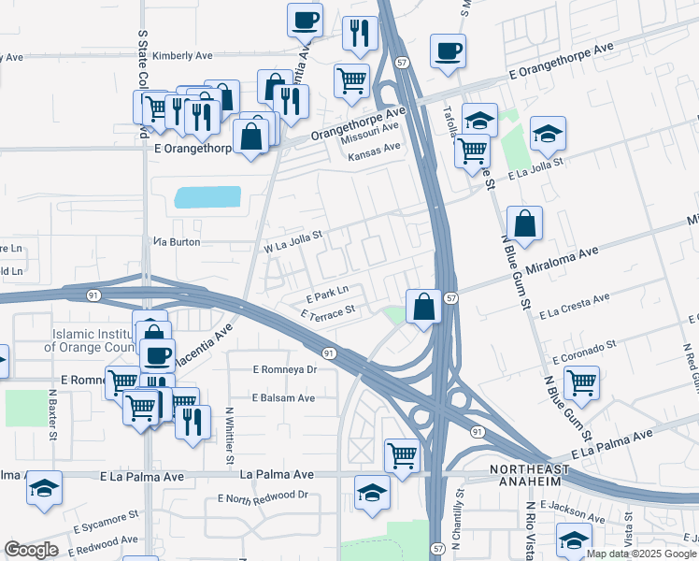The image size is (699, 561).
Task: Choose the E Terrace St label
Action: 329,310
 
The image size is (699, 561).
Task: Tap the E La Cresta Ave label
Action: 574,303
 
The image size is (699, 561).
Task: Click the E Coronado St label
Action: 585,352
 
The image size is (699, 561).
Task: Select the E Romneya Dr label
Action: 286,369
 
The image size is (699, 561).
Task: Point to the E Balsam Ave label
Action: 283,397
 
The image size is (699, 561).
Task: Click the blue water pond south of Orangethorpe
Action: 207,197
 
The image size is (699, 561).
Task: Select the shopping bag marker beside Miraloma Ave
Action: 524,223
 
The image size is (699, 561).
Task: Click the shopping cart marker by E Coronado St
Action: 581,382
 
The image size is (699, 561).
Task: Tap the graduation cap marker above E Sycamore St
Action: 44,489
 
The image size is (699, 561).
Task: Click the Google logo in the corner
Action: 31,550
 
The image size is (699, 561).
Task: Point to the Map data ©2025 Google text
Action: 640,554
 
